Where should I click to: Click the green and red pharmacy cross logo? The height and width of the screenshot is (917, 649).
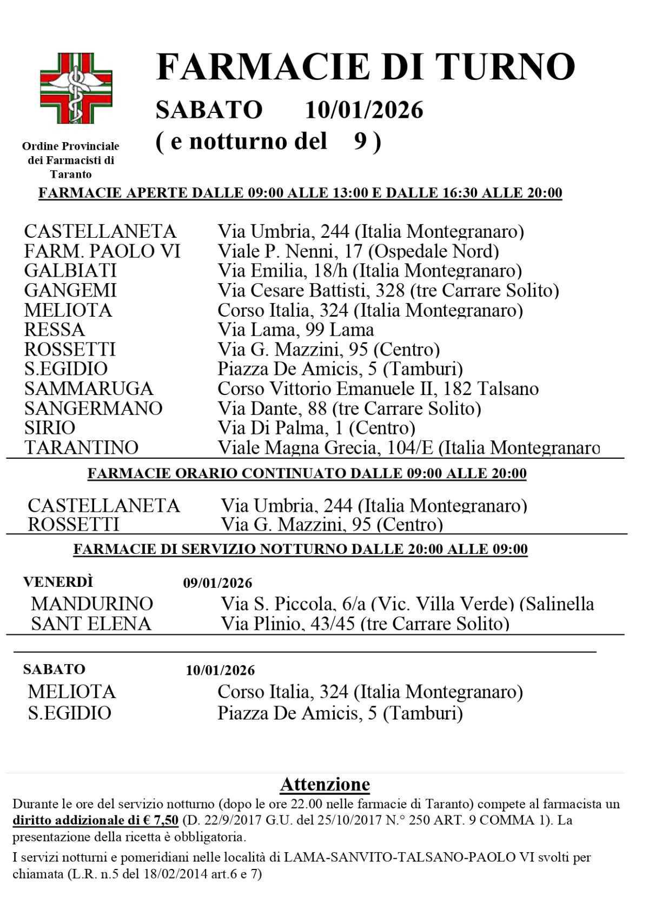(76, 88)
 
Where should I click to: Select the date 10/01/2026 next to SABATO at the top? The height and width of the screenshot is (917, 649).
(364, 110)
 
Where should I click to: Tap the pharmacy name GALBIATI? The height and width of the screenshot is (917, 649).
(70, 271)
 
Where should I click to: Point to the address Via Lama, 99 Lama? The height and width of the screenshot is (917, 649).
(295, 330)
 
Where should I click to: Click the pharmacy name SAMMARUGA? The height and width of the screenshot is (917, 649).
(89, 389)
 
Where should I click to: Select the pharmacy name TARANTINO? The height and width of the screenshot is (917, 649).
(81, 447)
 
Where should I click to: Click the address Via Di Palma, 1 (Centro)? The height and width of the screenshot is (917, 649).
(316, 428)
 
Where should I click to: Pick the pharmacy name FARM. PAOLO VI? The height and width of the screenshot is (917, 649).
(102, 251)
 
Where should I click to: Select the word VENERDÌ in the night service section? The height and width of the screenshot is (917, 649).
(58, 582)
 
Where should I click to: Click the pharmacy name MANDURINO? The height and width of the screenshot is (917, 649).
(92, 604)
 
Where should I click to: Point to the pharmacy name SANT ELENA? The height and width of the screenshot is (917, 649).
(91, 624)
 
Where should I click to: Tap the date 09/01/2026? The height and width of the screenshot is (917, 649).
(217, 583)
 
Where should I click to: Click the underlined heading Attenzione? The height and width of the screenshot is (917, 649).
(325, 784)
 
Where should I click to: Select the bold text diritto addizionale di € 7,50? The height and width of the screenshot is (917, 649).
(95, 820)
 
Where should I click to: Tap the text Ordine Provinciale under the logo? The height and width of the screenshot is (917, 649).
(71, 146)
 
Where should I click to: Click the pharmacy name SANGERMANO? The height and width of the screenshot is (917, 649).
(93, 408)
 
